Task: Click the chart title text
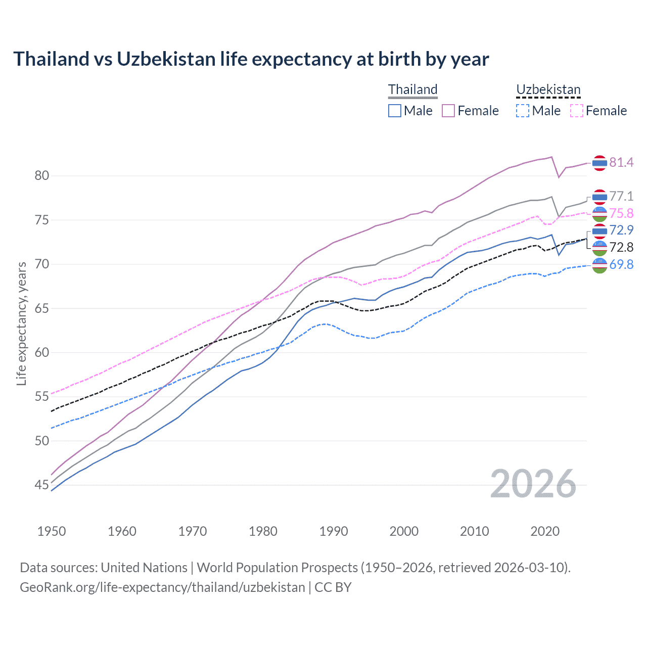click(251, 59)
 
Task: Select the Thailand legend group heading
click(412, 90)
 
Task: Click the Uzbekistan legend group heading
click(548, 90)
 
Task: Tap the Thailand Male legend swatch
click(395, 111)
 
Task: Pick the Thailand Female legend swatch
click(448, 111)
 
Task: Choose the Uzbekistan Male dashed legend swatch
click(523, 111)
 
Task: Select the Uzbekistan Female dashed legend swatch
click(577, 111)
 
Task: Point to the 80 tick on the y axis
click(41, 176)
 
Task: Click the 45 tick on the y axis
click(41, 485)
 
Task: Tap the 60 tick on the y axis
click(41, 352)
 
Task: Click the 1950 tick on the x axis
click(52, 531)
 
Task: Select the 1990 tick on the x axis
click(334, 531)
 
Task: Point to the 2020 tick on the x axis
click(545, 531)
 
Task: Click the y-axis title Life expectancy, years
click(21, 323)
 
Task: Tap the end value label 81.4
click(621, 162)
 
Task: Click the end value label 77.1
click(621, 196)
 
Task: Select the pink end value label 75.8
click(621, 213)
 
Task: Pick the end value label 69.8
click(621, 264)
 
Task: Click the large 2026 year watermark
click(533, 484)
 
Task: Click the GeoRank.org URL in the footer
click(162, 587)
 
